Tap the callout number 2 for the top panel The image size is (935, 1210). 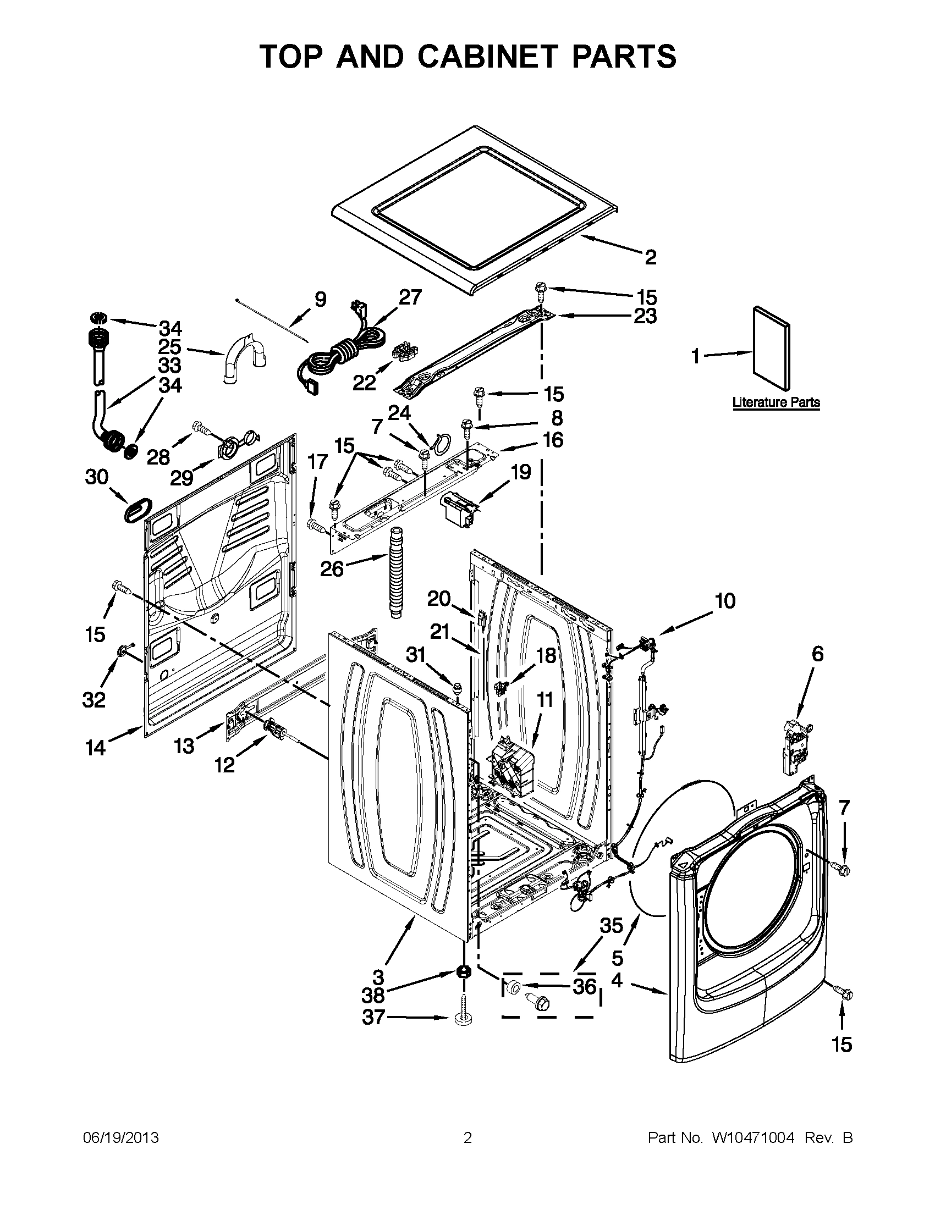[650, 257]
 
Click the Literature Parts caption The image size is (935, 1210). [776, 402]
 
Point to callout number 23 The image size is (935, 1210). [645, 316]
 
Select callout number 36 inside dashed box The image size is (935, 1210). [584, 986]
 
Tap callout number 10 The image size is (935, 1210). [725, 600]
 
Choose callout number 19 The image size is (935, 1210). [520, 472]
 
